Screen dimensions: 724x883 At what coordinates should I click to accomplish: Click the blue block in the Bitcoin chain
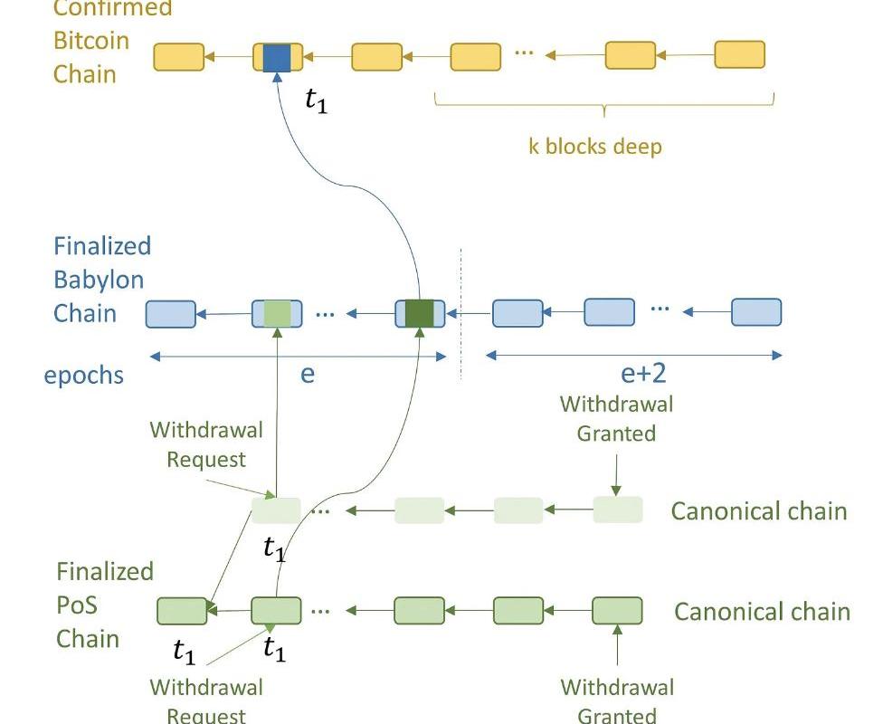[277, 56]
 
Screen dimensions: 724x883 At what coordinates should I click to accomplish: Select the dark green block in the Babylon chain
[420, 313]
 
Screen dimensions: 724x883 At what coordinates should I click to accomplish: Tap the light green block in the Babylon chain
[277, 313]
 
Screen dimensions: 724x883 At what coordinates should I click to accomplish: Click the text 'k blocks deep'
[594, 146]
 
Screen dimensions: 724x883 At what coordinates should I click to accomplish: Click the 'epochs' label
[83, 375]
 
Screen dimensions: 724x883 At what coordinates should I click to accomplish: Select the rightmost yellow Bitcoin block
[739, 54]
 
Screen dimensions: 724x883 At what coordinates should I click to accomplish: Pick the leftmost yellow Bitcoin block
[178, 56]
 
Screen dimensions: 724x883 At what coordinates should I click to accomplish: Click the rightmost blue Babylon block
[755, 312]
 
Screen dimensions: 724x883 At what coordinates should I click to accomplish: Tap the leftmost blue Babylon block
[170, 313]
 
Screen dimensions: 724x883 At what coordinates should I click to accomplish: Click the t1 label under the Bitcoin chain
[316, 100]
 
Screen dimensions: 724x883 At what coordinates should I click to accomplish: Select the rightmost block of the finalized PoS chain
[617, 611]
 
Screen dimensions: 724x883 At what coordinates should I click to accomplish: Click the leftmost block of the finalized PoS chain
[182, 611]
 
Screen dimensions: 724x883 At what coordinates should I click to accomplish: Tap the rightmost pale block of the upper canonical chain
[618, 510]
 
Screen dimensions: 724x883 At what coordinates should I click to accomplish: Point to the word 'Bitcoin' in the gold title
[91, 41]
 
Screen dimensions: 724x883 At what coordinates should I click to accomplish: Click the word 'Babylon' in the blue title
[99, 280]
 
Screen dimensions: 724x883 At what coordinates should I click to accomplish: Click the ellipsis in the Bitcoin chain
[523, 52]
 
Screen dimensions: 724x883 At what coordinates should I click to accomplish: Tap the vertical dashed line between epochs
[460, 312]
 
